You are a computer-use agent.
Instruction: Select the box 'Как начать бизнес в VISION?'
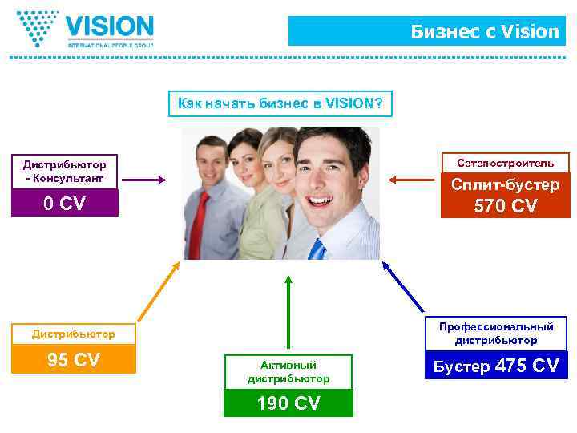pyautogui.click(x=280, y=103)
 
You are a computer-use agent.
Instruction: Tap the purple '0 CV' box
pyautogui.click(x=64, y=204)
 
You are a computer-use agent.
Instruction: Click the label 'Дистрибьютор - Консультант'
pyautogui.click(x=64, y=171)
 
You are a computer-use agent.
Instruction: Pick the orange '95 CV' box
pyautogui.click(x=73, y=360)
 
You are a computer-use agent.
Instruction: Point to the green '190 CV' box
pyautogui.click(x=288, y=403)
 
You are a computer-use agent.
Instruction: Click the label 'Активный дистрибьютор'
pyautogui.click(x=288, y=371)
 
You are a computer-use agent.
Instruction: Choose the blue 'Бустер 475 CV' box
pyautogui.click(x=496, y=366)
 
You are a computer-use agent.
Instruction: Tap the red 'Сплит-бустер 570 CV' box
pyautogui.click(x=505, y=196)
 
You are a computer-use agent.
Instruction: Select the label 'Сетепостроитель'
pyautogui.click(x=505, y=163)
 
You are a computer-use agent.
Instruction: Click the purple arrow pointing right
pyautogui.click(x=144, y=180)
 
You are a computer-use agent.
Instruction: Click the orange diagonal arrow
pyautogui.click(x=156, y=292)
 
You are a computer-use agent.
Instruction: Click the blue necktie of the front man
pyautogui.click(x=317, y=248)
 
